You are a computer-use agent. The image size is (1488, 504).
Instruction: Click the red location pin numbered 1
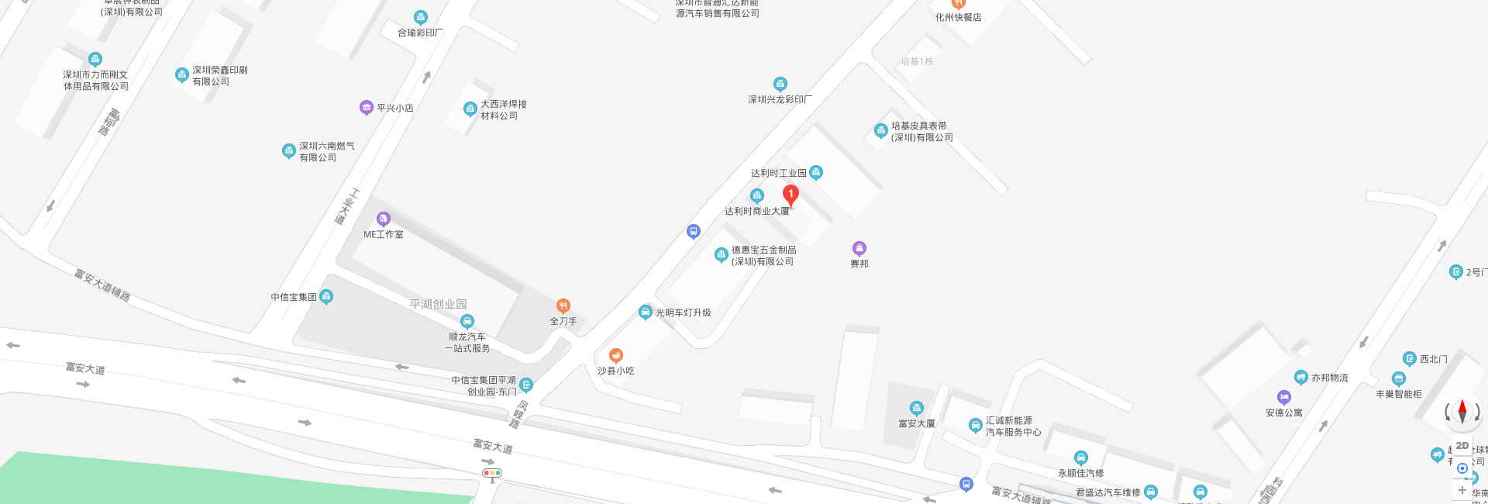(x=790, y=195)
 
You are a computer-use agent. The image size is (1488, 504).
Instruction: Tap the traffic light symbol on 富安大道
(x=492, y=473)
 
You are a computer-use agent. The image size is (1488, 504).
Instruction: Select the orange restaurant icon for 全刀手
(x=563, y=306)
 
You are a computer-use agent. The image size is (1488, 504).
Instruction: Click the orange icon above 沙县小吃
(x=616, y=355)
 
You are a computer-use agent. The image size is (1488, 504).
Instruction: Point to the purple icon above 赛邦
(x=859, y=248)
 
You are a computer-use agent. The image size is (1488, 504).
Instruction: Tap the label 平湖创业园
(x=438, y=304)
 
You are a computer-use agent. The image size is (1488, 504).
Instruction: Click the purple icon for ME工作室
(x=383, y=219)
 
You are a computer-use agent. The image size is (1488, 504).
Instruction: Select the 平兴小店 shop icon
(x=367, y=107)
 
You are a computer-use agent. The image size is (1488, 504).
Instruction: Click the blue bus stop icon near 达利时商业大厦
(x=694, y=231)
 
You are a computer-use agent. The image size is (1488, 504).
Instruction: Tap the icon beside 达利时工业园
(x=816, y=172)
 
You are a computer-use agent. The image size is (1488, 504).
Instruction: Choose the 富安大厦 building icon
(x=917, y=408)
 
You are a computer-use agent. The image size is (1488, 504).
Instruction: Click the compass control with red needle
(x=1462, y=412)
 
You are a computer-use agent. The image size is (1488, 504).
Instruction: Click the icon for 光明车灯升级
(x=645, y=312)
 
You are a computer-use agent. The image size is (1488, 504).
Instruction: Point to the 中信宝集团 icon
(x=326, y=296)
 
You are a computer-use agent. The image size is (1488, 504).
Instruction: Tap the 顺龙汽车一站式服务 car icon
(x=467, y=321)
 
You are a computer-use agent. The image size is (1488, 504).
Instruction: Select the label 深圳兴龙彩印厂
(x=780, y=99)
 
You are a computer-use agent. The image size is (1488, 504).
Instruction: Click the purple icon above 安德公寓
(x=1284, y=397)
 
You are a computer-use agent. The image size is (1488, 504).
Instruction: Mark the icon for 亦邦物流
(x=1301, y=378)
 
